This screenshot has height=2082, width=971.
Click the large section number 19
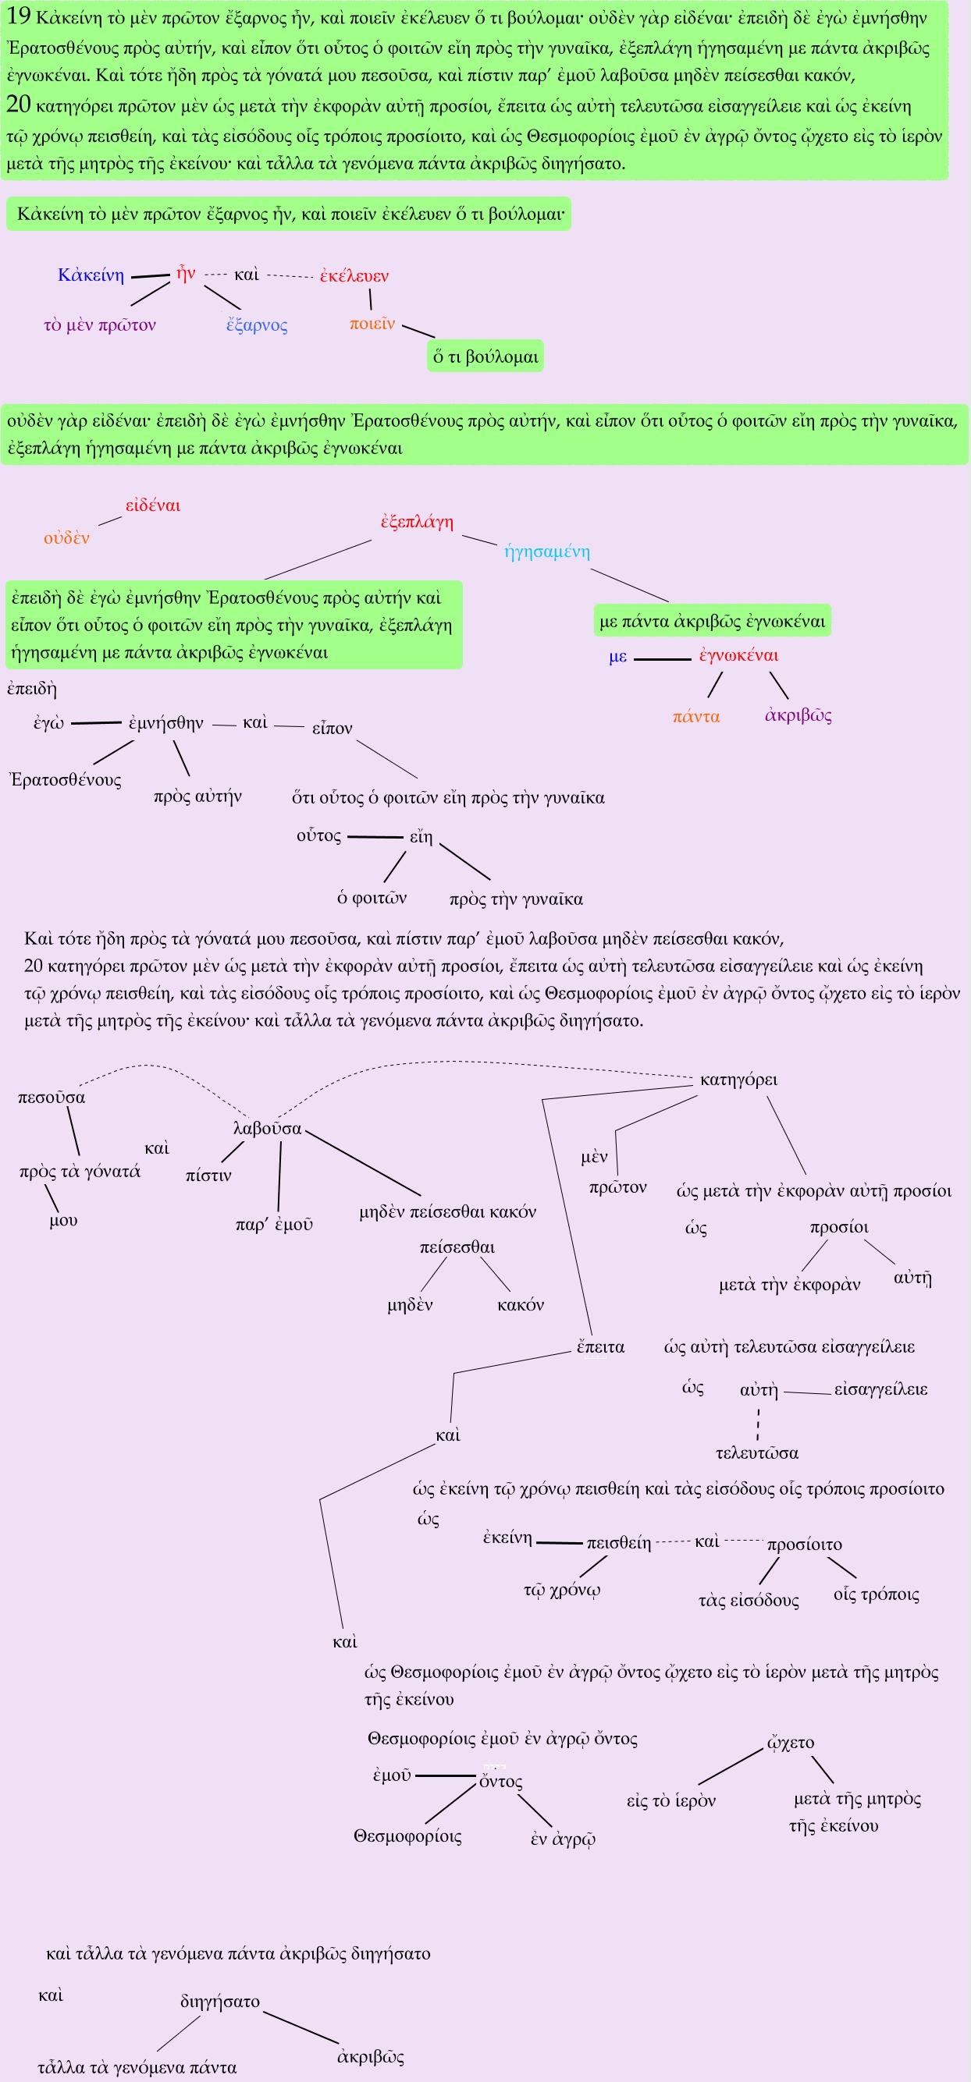(18, 16)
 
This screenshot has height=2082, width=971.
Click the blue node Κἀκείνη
(91, 275)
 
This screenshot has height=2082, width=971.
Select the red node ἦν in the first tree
(186, 273)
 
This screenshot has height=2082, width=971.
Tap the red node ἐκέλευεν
(354, 275)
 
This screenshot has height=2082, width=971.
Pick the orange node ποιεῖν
(372, 323)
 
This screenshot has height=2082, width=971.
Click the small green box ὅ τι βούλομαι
(485, 356)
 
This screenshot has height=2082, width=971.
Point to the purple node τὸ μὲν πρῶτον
(99, 325)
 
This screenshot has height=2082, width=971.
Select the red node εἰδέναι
(153, 505)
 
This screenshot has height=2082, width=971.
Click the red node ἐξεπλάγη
(417, 521)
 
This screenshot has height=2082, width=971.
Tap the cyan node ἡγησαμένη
(547, 552)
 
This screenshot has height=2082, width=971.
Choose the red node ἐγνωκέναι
(738, 654)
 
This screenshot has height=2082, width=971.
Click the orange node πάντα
(696, 716)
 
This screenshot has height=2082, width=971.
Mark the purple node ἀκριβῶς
(798, 715)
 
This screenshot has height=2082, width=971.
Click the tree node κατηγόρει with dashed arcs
(738, 1080)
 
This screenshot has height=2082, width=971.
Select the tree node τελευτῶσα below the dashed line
(757, 1452)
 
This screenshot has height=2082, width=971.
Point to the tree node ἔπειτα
(600, 1346)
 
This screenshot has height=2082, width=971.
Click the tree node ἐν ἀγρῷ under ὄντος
(563, 1839)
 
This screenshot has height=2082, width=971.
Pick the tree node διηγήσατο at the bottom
(220, 2001)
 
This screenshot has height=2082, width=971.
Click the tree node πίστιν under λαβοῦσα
(208, 1175)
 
